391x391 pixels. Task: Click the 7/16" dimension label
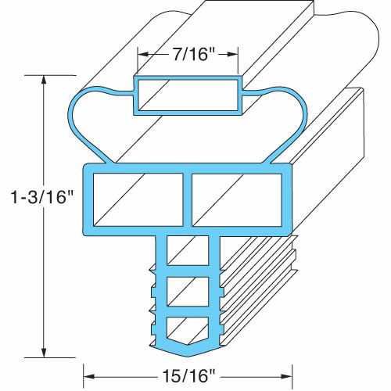pyautogui.click(x=188, y=55)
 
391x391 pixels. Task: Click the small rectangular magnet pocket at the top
pyautogui.click(x=188, y=95)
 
